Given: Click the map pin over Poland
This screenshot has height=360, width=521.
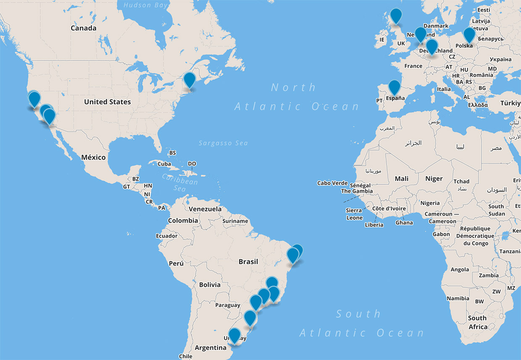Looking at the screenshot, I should (469, 34).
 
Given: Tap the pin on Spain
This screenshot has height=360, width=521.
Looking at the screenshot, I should (394, 87).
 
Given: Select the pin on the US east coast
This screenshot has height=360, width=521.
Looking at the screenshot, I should (189, 79).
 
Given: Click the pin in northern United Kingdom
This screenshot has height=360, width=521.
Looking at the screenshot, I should (396, 16).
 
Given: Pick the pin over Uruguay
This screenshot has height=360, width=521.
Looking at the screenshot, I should (234, 335).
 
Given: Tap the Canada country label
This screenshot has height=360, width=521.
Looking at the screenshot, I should (83, 28).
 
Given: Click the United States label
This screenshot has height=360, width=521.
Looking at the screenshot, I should (107, 102).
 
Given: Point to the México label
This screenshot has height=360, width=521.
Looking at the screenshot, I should (93, 157).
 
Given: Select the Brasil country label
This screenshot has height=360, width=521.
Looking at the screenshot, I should (248, 261).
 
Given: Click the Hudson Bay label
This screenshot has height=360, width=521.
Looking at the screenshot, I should (146, 5).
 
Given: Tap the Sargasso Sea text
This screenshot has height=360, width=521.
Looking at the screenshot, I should (223, 143).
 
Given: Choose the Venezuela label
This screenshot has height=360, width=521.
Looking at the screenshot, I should (205, 209).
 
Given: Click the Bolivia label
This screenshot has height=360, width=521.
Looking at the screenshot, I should (210, 285).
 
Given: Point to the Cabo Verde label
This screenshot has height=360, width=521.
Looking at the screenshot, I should (332, 183).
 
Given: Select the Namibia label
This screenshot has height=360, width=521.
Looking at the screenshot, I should (458, 298).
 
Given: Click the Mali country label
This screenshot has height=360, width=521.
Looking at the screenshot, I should (401, 179).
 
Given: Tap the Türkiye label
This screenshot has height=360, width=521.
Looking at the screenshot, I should (510, 103).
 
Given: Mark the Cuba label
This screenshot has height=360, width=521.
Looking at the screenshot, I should (164, 164).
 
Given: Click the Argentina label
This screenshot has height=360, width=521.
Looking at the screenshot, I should (211, 347).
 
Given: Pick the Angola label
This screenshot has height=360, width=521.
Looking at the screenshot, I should (459, 270).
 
